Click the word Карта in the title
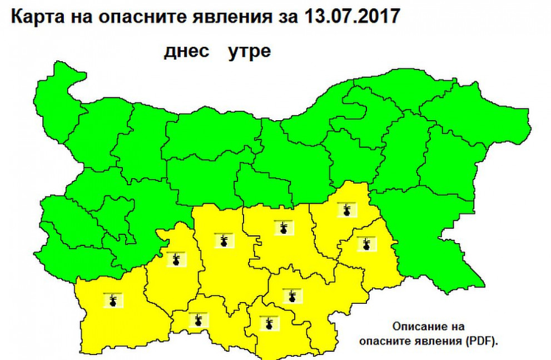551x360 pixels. [x=34, y=16]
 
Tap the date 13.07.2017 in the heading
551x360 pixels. [x=352, y=16]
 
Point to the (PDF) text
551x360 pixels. [x=483, y=340]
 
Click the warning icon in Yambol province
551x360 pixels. [x=366, y=244]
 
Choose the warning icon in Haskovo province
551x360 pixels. [x=291, y=296]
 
